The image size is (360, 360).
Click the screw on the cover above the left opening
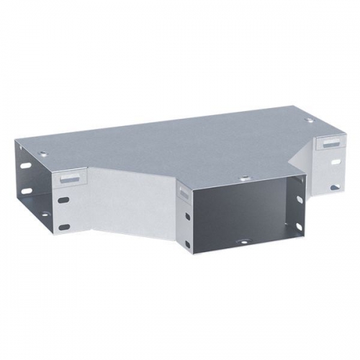pos(44,154)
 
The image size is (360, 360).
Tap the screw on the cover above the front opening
pos(246,178)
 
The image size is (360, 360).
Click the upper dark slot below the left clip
pos(64,202)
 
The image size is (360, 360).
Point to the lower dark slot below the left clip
pos(65,227)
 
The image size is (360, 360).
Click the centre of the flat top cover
pos(180,148)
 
